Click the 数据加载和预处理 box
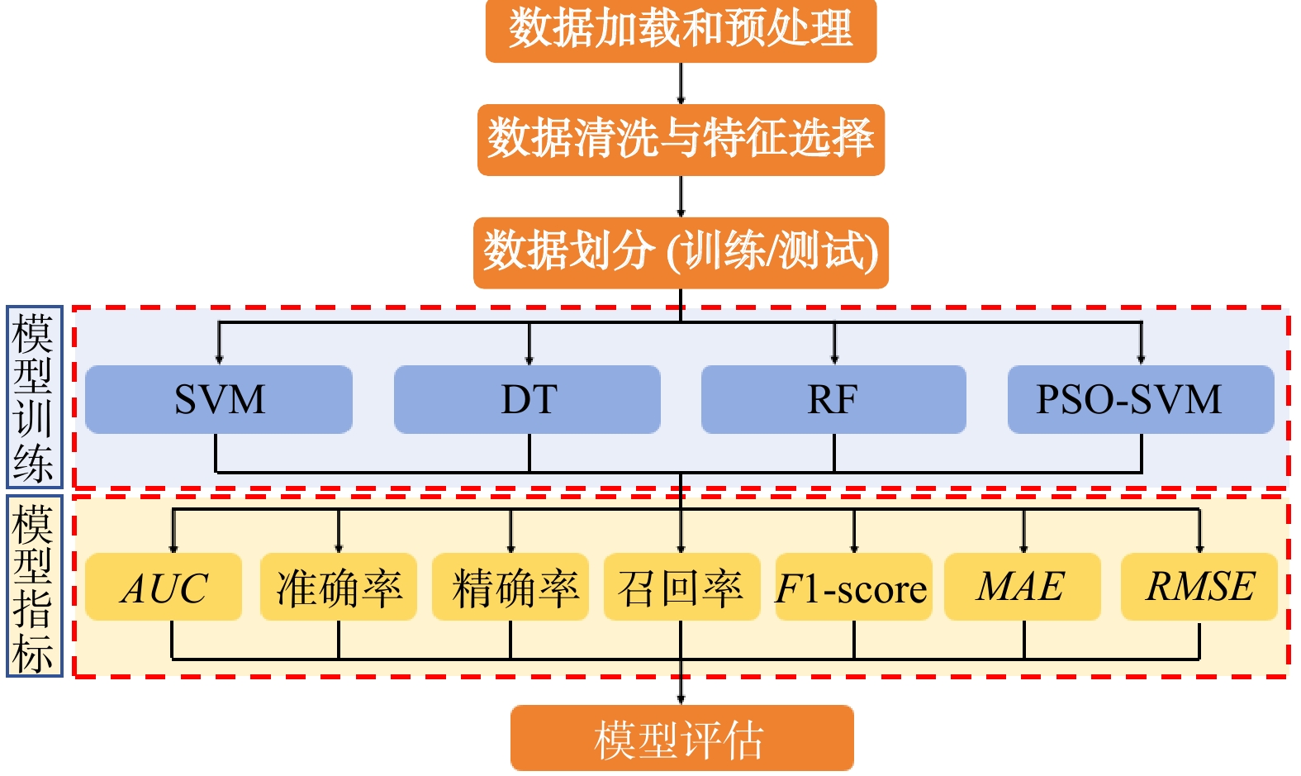tap(681, 30)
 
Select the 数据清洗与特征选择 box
tap(681, 139)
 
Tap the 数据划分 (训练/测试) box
tap(681, 252)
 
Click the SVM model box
tap(219, 399)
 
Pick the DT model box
tap(527, 399)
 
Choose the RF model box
tap(833, 399)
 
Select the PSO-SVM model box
tap(1141, 399)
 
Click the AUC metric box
tap(164, 588)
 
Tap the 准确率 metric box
tap(338, 588)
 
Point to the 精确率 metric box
tap(510, 588)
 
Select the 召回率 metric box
tap(681, 588)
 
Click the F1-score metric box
tap(853, 588)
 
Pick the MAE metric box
tap(1023, 588)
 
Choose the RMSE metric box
tap(1199, 588)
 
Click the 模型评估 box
tap(681, 738)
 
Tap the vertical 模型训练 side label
tap(34, 398)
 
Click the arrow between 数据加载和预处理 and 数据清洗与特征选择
tap(681, 83)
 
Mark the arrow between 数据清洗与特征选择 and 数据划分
tap(681, 197)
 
